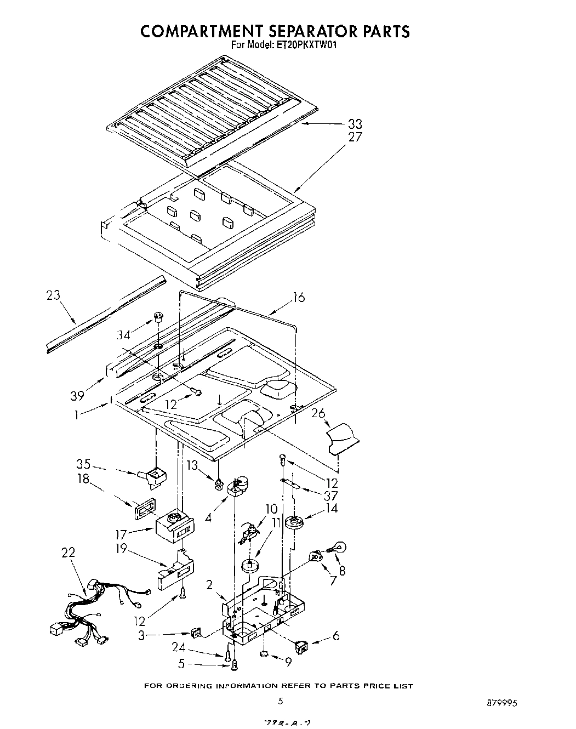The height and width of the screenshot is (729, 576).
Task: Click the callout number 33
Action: point(355,124)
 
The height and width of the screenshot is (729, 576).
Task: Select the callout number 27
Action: point(355,137)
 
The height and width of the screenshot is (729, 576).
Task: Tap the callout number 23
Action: point(53,296)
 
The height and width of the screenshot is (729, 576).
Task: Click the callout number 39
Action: point(77,381)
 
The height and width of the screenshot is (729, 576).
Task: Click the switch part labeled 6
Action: point(301,647)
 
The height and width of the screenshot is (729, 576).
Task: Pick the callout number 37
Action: point(330,496)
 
